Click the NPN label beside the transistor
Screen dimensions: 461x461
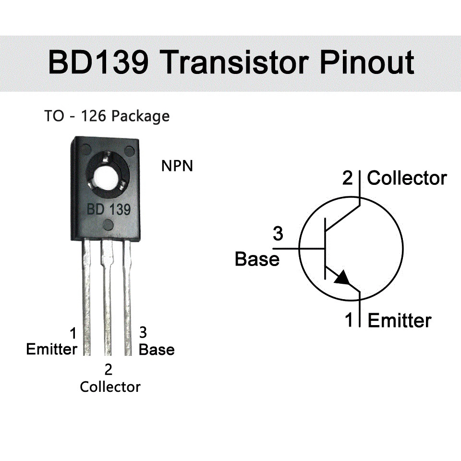coord(177,167)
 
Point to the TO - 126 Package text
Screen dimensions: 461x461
coord(107,116)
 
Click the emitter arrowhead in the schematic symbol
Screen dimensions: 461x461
coord(343,278)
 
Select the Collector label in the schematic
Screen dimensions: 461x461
coord(407,179)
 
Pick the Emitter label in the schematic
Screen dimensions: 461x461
coord(400,320)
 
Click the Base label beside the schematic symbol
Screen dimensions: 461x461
coord(257,259)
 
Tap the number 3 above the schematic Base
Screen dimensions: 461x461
coord(278,235)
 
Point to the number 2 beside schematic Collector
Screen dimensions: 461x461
coord(348,179)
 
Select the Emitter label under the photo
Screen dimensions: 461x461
coord(51,349)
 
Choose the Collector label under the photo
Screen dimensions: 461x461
coord(110,387)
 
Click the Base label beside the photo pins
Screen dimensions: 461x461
coord(157,350)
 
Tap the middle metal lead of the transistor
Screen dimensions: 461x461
coord(107,298)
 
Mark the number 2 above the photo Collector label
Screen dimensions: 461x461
coord(109,370)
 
